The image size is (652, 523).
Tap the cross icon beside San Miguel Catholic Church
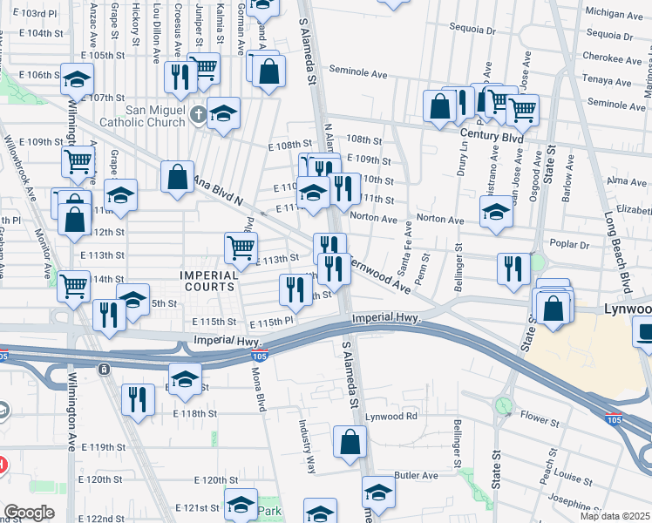199,113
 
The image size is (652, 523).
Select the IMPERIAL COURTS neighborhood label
207,280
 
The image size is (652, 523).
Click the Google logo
30,513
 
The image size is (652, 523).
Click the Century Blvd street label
494,138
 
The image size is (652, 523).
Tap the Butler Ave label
416,475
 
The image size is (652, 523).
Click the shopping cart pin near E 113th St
241,247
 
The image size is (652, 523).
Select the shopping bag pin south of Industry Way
350,442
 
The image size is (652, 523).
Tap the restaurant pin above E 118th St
138,399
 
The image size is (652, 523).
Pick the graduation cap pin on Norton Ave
496,212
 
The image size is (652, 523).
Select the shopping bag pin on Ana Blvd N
178,177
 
